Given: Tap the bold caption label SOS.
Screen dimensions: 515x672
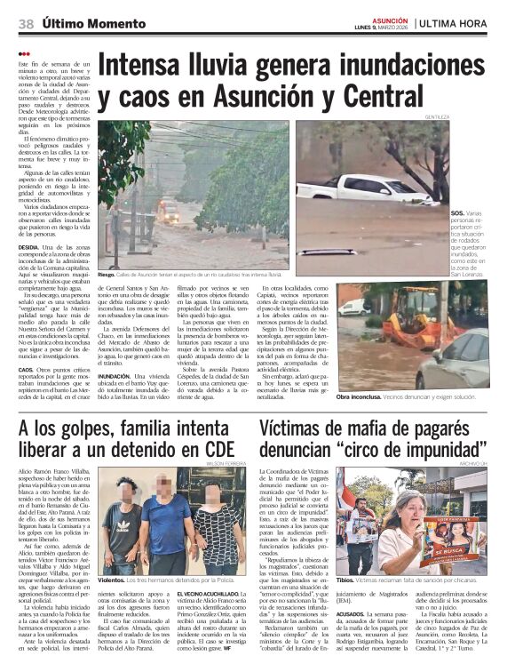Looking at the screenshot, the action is (456, 213).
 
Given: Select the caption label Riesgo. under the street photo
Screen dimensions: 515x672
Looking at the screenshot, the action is (107, 276).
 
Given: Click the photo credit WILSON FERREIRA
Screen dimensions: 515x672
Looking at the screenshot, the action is (226, 463).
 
